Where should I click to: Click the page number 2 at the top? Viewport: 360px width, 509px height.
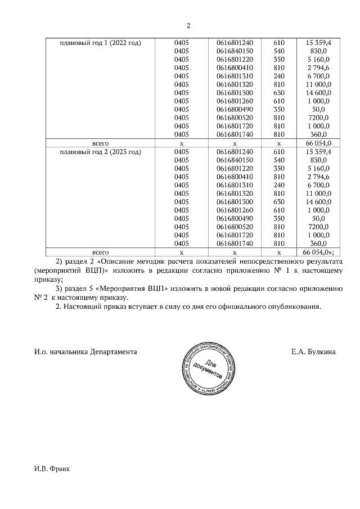[189, 25]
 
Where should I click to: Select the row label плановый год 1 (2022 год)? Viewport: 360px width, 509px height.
[100, 43]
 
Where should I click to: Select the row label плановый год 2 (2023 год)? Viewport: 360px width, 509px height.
[100, 152]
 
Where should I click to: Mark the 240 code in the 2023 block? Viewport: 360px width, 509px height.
[279, 185]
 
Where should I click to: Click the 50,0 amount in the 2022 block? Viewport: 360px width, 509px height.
[318, 109]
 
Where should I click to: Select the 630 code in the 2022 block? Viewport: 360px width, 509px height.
[279, 92]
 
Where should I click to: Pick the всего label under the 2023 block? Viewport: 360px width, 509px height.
[100, 253]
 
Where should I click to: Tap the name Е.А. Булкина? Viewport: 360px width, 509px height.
[313, 352]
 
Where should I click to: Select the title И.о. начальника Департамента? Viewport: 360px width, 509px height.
[85, 352]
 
